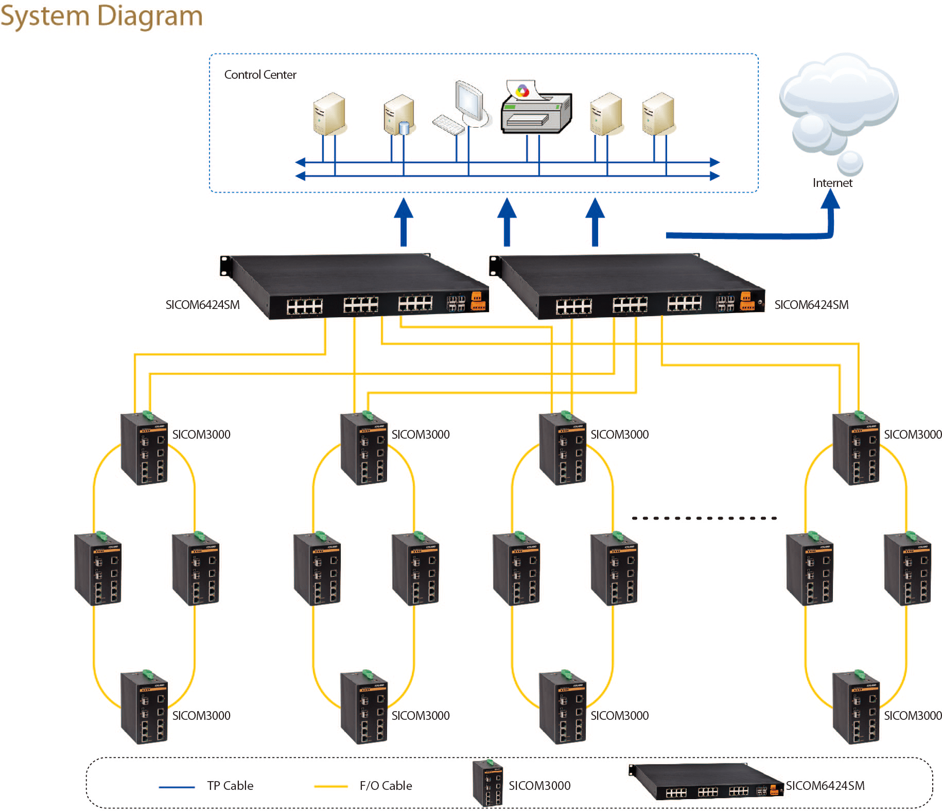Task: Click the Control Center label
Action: pyautogui.click(x=260, y=75)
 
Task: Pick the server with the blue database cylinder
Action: pyautogui.click(x=399, y=115)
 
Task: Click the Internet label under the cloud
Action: pyautogui.click(x=832, y=183)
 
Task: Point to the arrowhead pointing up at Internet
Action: pyautogui.click(x=830, y=200)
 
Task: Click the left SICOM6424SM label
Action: pyautogui.click(x=202, y=305)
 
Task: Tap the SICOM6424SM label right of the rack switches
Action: pyautogui.click(x=811, y=305)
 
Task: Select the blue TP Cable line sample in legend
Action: pyautogui.click(x=177, y=787)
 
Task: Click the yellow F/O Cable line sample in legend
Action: pyautogui.click(x=331, y=786)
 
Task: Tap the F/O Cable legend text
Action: pyautogui.click(x=386, y=786)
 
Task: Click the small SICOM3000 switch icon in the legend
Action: pyautogui.click(x=487, y=783)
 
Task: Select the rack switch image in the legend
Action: pyautogui.click(x=706, y=782)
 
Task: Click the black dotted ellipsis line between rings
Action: pyautogui.click(x=704, y=518)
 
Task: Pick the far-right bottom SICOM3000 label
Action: pyautogui.click(x=913, y=715)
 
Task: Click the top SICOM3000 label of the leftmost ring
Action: pyautogui.click(x=201, y=435)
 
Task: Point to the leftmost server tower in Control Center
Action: pyautogui.click(x=328, y=114)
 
